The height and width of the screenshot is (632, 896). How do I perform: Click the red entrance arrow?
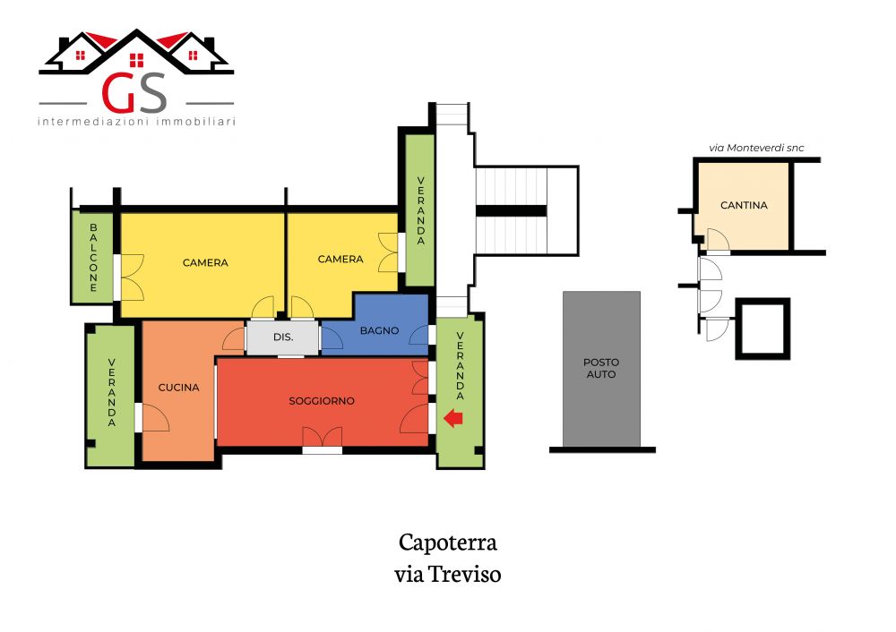click(x=453, y=418)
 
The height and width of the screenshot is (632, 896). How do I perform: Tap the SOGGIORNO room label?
click(x=322, y=401)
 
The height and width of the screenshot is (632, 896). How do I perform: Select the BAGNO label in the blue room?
click(x=379, y=330)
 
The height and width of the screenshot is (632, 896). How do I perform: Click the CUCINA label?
click(x=179, y=387)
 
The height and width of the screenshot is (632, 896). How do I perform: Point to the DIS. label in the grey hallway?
click(x=283, y=337)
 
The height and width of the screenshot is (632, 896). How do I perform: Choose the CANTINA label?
click(x=744, y=205)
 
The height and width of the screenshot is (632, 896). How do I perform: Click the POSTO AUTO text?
click(x=601, y=368)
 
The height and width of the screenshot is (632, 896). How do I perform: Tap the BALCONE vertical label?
click(x=93, y=258)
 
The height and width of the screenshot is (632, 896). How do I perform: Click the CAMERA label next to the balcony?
click(x=205, y=262)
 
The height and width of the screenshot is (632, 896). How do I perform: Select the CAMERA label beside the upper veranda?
click(x=340, y=260)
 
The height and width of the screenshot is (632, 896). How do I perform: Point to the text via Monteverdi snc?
click(x=756, y=148)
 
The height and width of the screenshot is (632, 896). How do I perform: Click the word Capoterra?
click(x=447, y=542)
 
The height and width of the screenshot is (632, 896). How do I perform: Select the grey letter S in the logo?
click(x=152, y=92)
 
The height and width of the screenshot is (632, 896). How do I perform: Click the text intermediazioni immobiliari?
click(x=136, y=122)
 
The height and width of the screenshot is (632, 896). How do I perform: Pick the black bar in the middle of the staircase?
click(x=511, y=211)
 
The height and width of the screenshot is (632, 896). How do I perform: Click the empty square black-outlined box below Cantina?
click(x=762, y=329)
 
